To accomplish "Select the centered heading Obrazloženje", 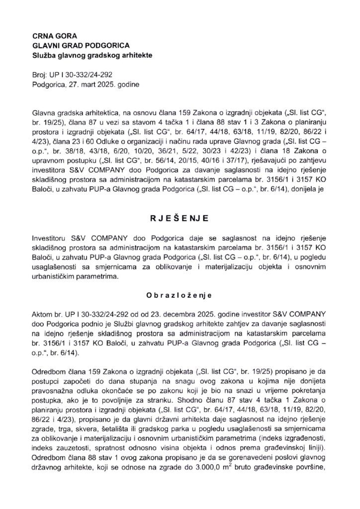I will pyautogui.click(x=180, y=294).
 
